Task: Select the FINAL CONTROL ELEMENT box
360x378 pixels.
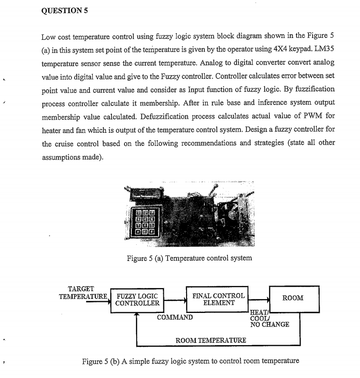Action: coord(219,299)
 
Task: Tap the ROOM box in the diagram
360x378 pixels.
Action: coord(293,298)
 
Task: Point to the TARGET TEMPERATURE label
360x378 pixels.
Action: coord(83,292)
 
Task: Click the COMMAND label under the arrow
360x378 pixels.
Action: coord(175,318)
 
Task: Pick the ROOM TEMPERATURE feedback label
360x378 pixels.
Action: coord(211,340)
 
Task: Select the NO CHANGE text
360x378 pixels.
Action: coord(270,325)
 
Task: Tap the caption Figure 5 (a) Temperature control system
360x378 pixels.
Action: coord(189,258)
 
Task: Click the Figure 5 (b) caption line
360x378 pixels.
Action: coord(191,361)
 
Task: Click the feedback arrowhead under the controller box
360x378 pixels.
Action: coord(137,314)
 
